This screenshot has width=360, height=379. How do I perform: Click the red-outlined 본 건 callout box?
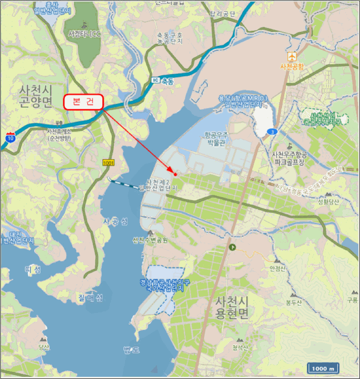pos(83,102)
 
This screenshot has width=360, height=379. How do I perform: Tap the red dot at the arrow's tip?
pos(175,174)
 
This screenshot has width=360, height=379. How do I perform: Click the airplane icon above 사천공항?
pos(293,56)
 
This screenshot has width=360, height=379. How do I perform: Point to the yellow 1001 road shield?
pos(108,162)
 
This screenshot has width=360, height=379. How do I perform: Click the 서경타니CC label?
pos(85,34)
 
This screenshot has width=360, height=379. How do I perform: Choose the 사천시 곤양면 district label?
pos(34,95)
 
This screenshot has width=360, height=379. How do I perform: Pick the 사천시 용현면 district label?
pos(231,306)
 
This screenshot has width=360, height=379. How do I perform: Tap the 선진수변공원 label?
pos(150,239)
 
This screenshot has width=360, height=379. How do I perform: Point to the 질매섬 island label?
pos(90,297)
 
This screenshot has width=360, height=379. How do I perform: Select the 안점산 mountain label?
pos(276,268)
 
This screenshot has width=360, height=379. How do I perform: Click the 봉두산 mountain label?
pos(292,302)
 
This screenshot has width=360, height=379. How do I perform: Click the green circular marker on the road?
pos(233,247)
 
